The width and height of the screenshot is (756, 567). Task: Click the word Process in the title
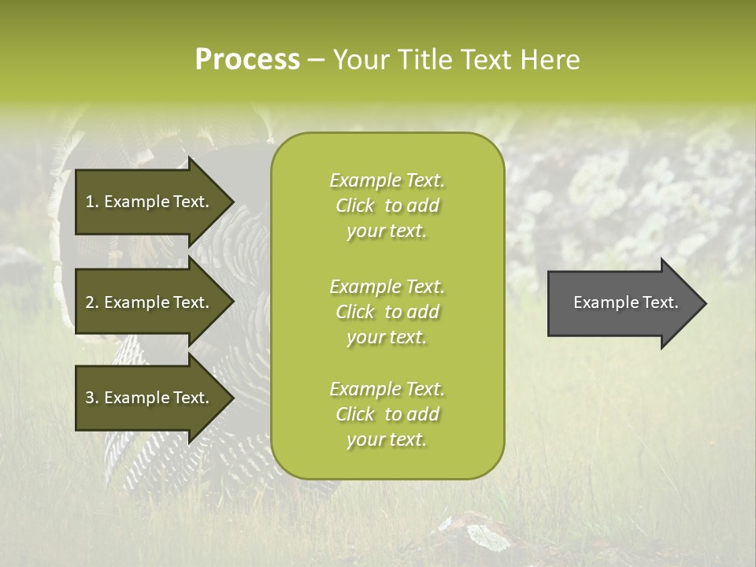247,60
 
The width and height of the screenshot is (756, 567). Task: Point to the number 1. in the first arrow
92,202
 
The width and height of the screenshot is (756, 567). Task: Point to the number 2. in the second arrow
92,302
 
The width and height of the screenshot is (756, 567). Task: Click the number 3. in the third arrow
92,398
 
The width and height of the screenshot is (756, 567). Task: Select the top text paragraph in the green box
387,206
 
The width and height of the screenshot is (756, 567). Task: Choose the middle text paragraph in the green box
387,312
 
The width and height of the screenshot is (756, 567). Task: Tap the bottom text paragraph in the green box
387,414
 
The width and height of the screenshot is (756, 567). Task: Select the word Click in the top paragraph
355,206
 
